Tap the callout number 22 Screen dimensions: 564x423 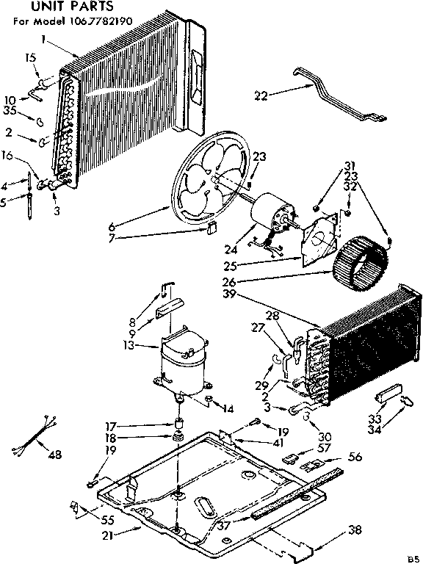coord(261,94)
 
